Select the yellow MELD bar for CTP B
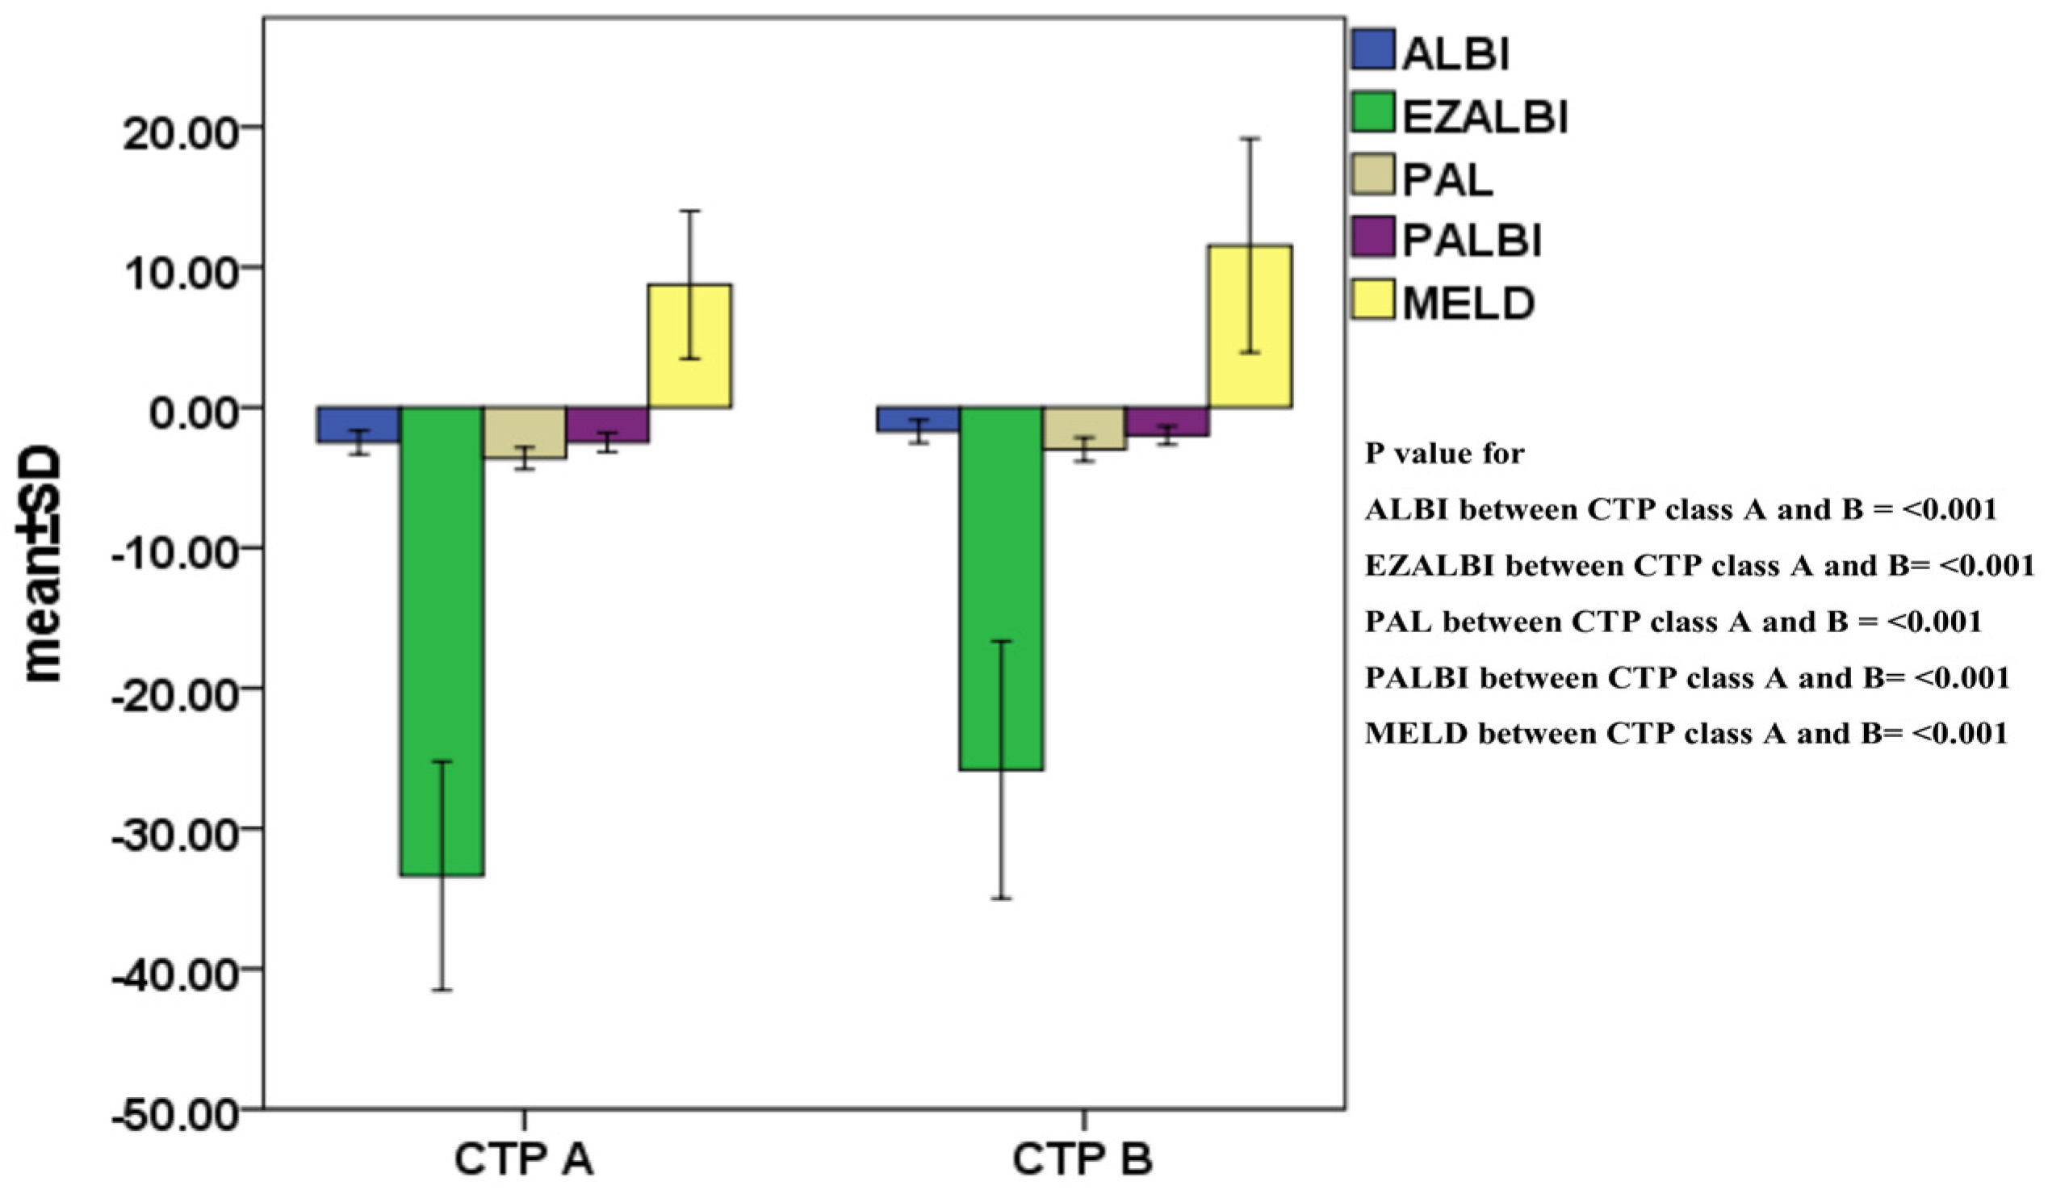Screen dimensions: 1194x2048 tap(1250, 326)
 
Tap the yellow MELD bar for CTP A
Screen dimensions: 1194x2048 tap(689, 346)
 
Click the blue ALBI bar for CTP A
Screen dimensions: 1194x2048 tap(358, 424)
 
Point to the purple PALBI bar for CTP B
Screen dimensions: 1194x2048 tap(1167, 421)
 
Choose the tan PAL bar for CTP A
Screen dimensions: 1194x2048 tap(525, 433)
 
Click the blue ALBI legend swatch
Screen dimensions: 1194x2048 tap(1373, 49)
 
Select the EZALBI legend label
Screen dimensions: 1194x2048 tap(1485, 117)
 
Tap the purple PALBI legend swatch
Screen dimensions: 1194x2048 tap(1373, 237)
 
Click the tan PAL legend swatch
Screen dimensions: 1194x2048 tap(1373, 174)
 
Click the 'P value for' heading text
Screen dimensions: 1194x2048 tap(1444, 454)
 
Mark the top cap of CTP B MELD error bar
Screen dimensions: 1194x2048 tap(1250, 139)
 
